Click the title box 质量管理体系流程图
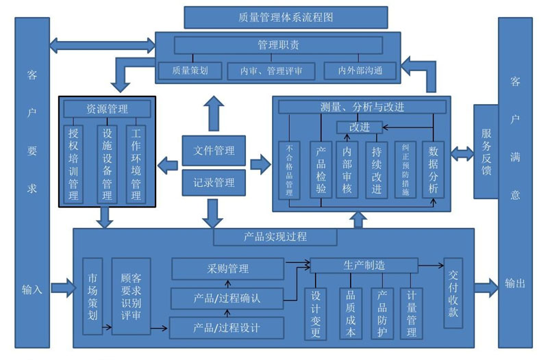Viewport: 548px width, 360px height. [286, 18]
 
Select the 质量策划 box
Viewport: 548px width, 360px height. [190, 70]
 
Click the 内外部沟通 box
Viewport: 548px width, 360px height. [360, 70]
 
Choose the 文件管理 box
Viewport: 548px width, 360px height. [214, 151]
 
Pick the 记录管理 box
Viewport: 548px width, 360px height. [214, 183]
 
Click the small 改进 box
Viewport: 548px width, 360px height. [359, 127]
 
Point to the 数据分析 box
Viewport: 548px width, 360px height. [433, 170]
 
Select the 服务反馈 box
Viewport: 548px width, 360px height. [486, 152]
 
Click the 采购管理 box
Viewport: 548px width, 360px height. [227, 269]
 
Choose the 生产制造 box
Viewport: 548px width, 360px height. [364, 265]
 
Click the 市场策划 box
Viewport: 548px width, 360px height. [92, 296]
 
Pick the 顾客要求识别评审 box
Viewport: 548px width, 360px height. [131, 296]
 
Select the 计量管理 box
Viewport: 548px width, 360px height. [411, 313]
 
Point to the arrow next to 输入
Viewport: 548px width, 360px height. [63, 287]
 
